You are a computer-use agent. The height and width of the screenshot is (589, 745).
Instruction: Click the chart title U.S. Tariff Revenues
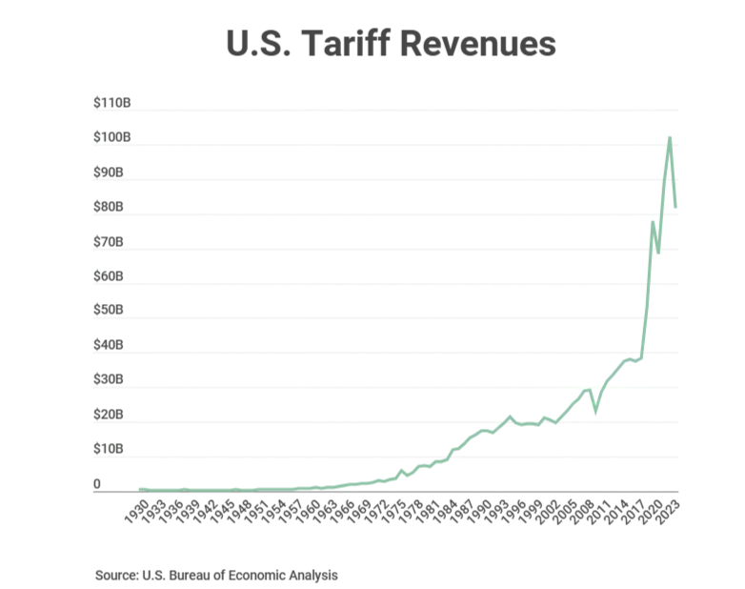(391, 44)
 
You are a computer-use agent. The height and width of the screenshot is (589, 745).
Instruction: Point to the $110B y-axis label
(111, 104)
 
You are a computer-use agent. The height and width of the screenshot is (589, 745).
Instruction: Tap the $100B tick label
(111, 138)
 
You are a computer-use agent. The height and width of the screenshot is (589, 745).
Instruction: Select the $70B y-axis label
(111, 242)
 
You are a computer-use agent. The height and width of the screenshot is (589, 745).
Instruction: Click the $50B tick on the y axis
(111, 311)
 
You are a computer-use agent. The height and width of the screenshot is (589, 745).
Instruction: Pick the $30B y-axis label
(111, 380)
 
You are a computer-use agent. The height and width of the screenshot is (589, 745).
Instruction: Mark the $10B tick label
(111, 449)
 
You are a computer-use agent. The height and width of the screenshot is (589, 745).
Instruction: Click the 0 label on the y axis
(97, 484)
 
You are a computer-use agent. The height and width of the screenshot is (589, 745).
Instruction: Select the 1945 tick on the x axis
(219, 510)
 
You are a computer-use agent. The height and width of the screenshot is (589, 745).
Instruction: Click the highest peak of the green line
(670, 137)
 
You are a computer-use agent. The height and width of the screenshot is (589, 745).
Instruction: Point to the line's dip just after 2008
(595, 411)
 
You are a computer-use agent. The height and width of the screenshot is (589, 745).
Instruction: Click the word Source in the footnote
(116, 576)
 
